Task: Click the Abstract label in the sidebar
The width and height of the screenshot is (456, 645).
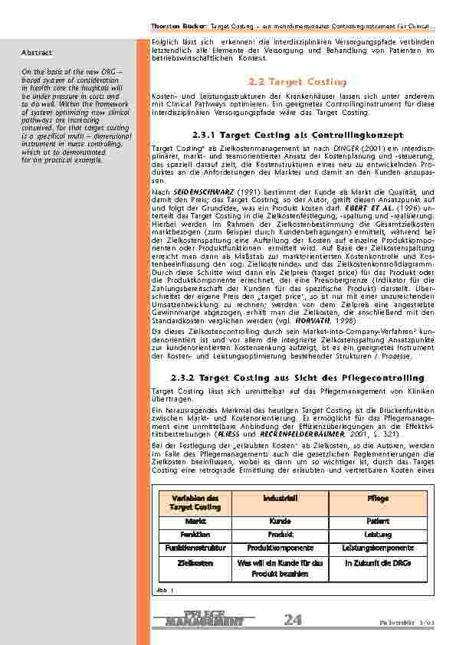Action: [36, 53]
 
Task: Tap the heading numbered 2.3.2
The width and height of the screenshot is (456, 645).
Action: [297, 378]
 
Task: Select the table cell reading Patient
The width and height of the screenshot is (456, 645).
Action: [378, 520]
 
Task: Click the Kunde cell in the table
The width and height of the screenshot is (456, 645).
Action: [274, 520]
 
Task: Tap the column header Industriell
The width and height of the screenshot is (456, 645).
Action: [274, 498]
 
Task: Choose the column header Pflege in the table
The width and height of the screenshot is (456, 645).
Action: [378, 498]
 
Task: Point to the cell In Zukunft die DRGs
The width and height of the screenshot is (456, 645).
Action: [378, 562]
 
